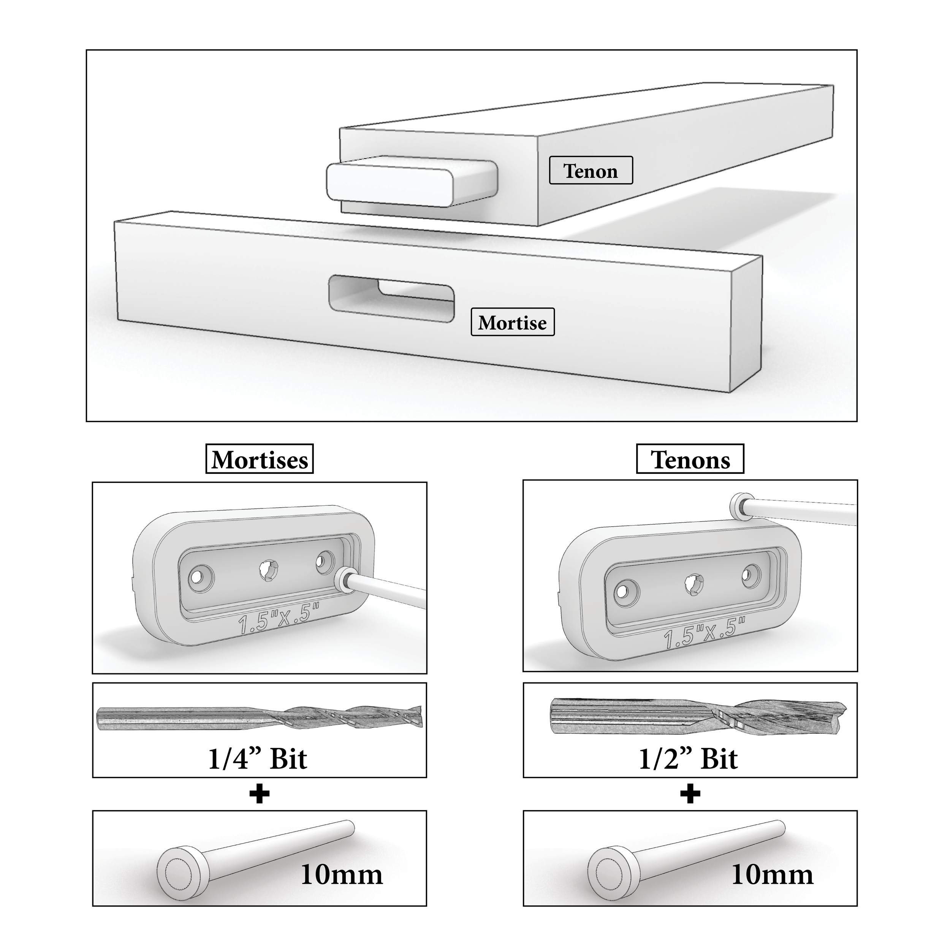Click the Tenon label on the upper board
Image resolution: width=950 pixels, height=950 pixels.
(x=591, y=171)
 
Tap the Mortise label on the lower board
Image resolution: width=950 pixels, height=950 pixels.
(x=512, y=322)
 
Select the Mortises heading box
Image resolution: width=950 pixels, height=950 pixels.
(x=260, y=459)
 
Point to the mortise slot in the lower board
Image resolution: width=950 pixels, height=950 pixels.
(x=391, y=299)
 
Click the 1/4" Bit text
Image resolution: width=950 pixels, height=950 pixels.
(x=258, y=759)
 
